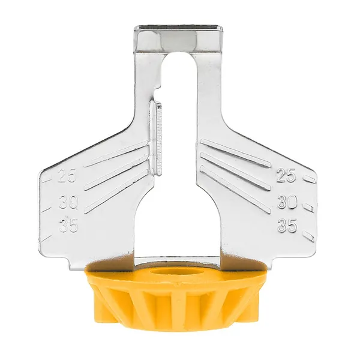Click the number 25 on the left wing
[67, 176]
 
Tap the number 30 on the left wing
[68, 202]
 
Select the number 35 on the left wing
[68, 225]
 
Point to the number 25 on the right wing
[286, 176]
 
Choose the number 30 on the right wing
[287, 202]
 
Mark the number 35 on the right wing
[287, 225]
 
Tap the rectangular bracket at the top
[179, 38]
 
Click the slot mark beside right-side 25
[308, 178]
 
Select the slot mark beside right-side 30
[309, 208]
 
